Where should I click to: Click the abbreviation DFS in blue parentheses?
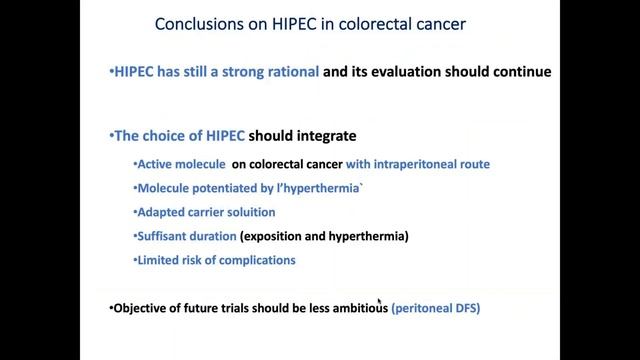465,309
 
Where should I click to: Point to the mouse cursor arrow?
380,300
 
